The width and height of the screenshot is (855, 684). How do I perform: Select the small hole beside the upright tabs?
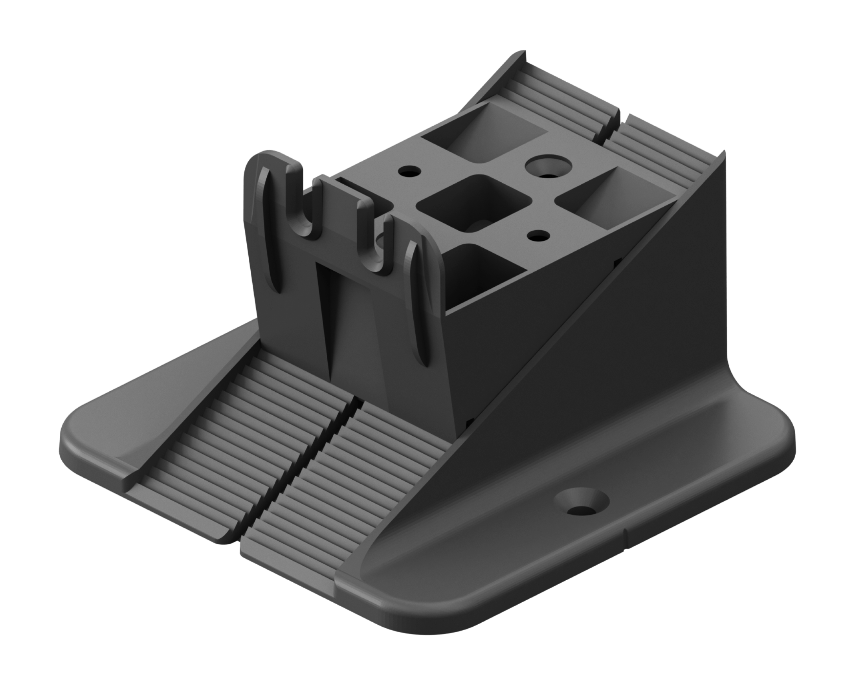coord(410,172)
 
